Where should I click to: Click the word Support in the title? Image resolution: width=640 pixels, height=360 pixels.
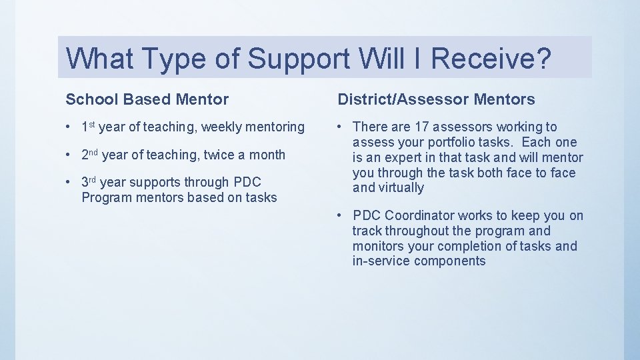click(298, 59)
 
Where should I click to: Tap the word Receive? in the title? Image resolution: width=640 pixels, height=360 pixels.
click(491, 59)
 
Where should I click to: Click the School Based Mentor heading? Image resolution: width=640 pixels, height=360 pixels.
click(147, 100)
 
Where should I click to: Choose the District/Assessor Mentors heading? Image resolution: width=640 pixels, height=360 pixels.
click(436, 100)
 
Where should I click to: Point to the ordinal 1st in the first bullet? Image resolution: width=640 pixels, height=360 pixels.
click(89, 126)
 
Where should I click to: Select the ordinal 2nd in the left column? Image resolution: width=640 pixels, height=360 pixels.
click(90, 155)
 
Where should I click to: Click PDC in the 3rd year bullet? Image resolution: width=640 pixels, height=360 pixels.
click(247, 182)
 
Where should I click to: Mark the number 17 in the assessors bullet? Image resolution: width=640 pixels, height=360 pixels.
click(421, 127)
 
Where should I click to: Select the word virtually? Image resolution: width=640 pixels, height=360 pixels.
click(401, 188)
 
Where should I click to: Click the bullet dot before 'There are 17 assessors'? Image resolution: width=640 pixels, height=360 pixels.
click(340, 127)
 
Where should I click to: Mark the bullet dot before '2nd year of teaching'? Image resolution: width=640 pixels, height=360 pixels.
click(69, 155)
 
